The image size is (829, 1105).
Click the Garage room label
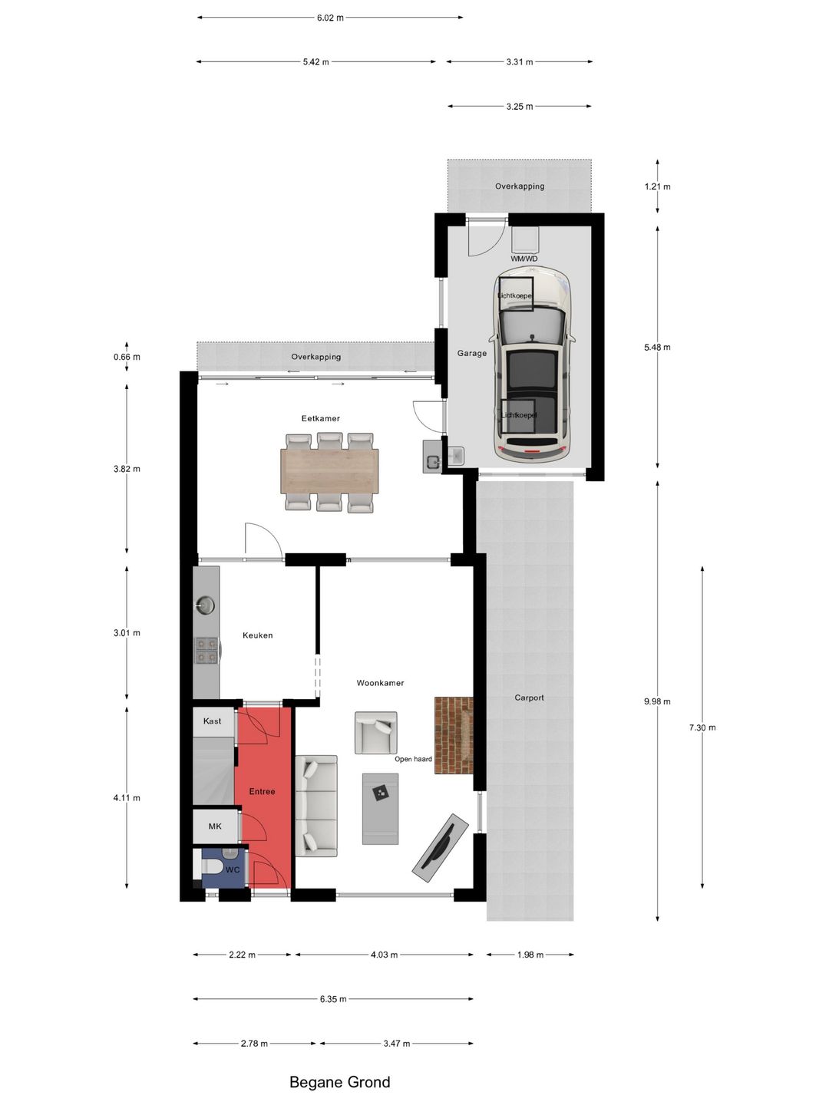tap(471, 354)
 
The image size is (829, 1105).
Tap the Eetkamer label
tap(321, 418)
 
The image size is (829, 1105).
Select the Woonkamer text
tap(380, 683)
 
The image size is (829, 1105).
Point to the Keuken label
tap(258, 635)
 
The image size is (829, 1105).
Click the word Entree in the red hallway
tap(263, 791)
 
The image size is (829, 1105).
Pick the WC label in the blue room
tap(233, 870)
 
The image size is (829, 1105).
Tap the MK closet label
tap(215, 826)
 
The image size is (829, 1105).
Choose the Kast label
tap(212, 721)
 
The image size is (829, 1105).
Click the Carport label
tap(529, 698)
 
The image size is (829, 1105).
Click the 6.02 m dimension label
tap(330, 18)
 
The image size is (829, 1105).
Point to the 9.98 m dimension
tap(657, 701)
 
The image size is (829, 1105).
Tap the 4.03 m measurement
tap(384, 955)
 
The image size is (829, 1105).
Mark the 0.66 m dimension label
tap(127, 357)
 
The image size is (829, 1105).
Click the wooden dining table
tap(330, 471)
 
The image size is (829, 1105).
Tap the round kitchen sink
tap(206, 605)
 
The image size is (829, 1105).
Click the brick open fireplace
tap(454, 734)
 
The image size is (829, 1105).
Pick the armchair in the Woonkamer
tap(376, 733)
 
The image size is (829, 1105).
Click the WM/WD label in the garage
tap(524, 259)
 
